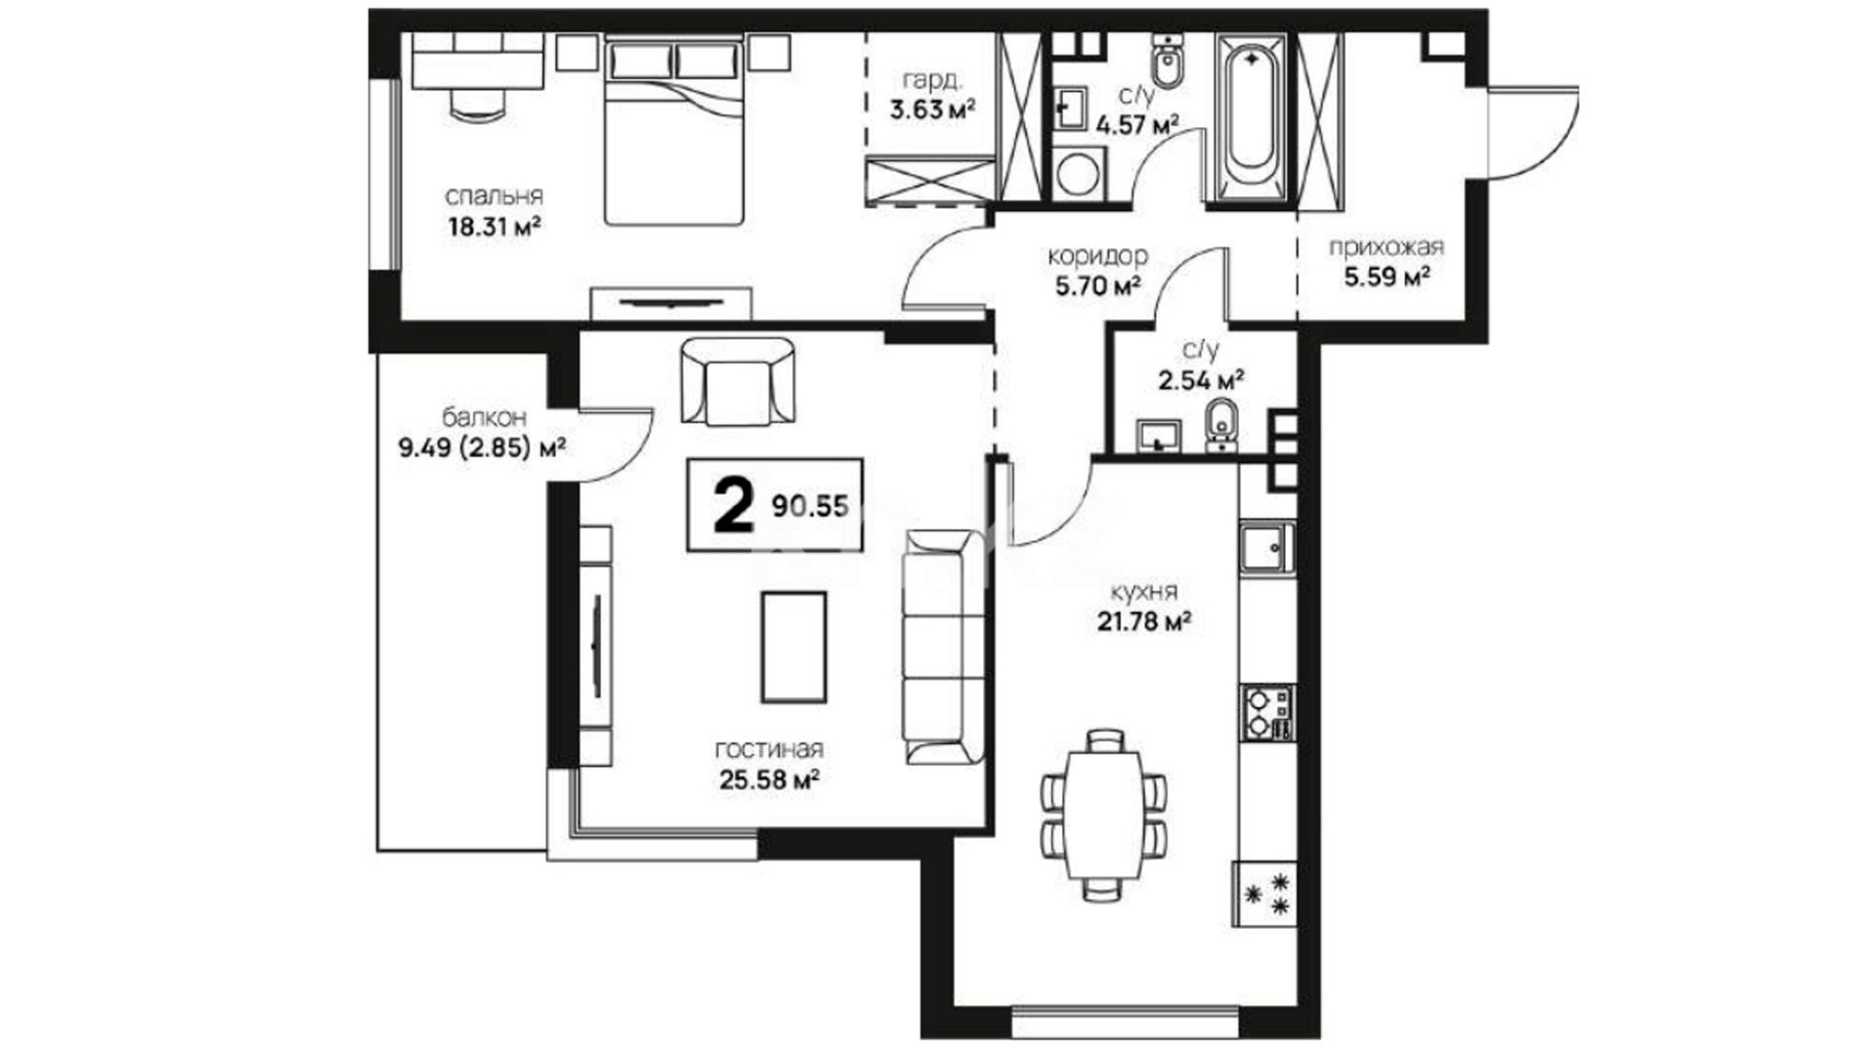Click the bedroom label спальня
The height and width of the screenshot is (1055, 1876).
493,197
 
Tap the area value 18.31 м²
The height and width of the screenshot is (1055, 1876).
494,228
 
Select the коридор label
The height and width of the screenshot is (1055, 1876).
1097,257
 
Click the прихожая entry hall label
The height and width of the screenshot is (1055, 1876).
1386,248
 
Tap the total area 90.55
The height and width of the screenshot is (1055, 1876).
810,506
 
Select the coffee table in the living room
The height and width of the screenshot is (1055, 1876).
793,647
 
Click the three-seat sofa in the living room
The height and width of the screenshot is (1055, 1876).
943,648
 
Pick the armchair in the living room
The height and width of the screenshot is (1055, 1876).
738,382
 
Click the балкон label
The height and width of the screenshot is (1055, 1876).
485,418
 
